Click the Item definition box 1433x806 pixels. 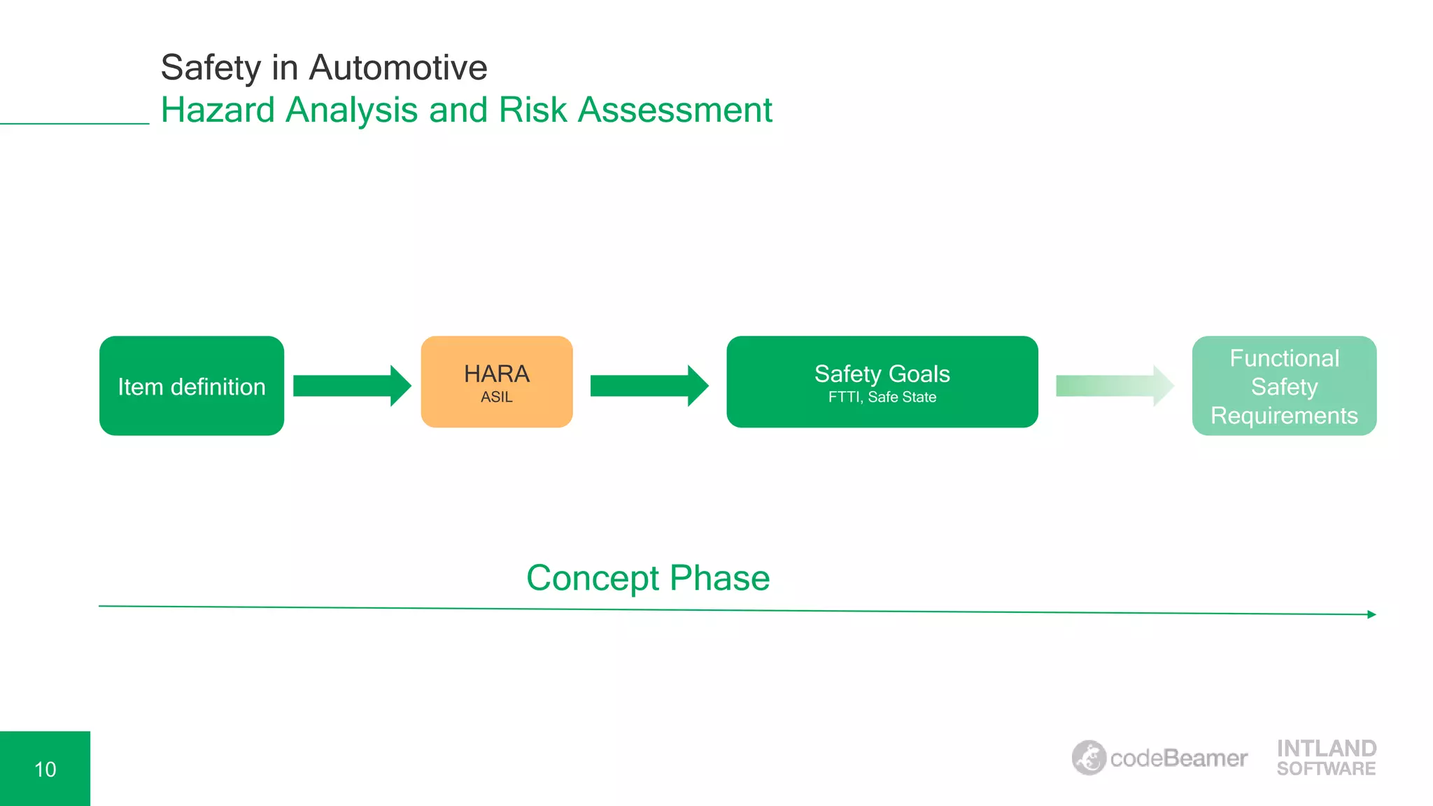[191, 386]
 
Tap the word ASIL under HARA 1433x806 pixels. [496, 397]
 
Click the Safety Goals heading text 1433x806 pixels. [882, 374]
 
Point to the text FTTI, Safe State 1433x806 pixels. [882, 397]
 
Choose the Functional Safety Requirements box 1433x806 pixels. [1284, 386]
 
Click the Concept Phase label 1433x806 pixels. [648, 578]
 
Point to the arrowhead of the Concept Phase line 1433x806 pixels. [1371, 614]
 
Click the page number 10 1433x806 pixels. [45, 770]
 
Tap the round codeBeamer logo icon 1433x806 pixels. [1089, 758]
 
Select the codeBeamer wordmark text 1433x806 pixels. [1178, 758]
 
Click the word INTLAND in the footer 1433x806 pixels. [1326, 749]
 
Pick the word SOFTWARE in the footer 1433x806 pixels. [1326, 769]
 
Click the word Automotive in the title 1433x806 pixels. [397, 68]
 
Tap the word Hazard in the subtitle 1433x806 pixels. [218, 110]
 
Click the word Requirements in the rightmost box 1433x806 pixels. [1284, 416]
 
